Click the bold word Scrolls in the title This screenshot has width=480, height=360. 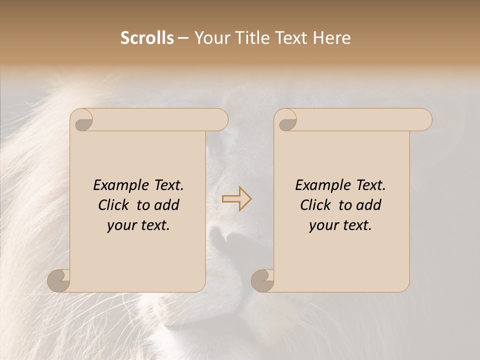click(x=147, y=38)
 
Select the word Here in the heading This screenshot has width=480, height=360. click(x=331, y=38)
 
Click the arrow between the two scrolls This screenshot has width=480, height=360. click(x=237, y=199)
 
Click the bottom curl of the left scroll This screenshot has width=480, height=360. click(x=58, y=280)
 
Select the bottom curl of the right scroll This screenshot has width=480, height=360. click(x=262, y=280)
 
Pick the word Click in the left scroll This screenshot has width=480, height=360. click(x=114, y=205)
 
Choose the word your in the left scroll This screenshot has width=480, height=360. click(x=121, y=226)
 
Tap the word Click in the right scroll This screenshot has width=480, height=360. click(x=316, y=205)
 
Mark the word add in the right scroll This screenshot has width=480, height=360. click(x=369, y=205)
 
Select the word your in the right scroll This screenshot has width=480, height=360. click(x=323, y=226)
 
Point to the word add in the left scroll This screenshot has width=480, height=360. click(x=167, y=205)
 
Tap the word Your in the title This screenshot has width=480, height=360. click(x=209, y=38)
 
